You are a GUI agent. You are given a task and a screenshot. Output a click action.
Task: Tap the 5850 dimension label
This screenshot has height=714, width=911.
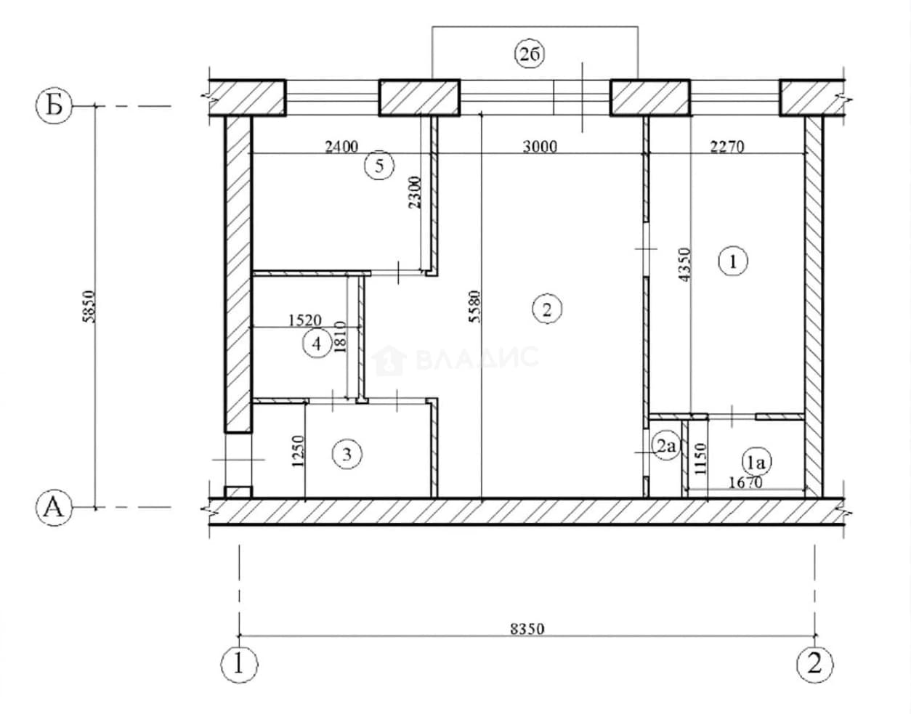89,307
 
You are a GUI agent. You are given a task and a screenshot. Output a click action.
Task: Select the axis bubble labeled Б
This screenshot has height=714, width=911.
54,105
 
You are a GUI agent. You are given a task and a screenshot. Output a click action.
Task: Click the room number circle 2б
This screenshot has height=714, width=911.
530,55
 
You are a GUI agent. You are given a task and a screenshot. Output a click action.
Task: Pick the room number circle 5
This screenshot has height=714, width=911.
379,166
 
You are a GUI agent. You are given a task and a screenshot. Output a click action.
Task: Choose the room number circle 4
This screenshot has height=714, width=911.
317,344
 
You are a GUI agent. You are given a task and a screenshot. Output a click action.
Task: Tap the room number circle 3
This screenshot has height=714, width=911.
347,454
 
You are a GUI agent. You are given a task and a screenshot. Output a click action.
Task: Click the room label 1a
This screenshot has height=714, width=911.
757,463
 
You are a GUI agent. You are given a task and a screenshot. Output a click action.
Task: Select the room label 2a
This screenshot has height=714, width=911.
665,446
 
